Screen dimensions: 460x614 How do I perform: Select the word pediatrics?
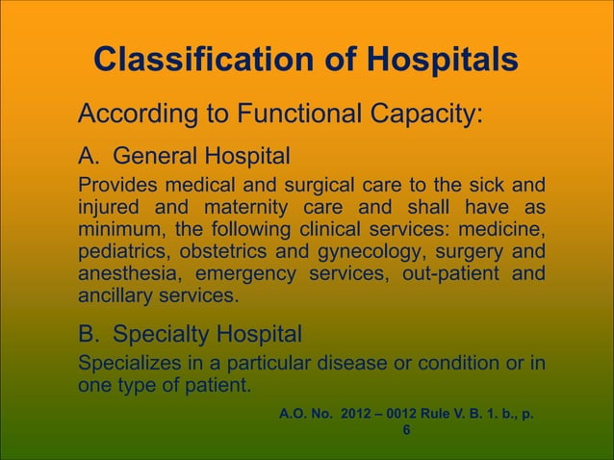pos(116,252)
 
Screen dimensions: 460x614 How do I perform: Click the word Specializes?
pos(122,366)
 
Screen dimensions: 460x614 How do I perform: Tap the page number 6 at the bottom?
pos(406,430)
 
